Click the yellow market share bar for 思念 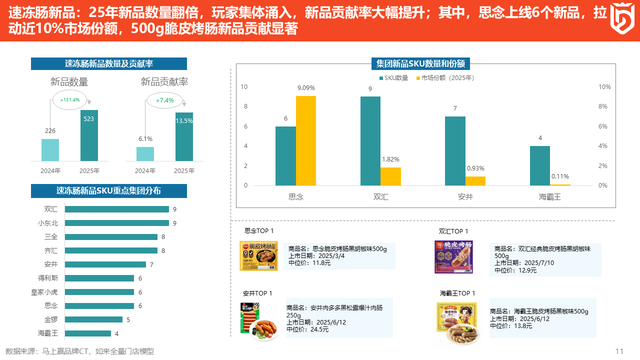click(305, 140)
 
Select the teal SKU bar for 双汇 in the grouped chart click(370, 140)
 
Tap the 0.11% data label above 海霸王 click(560, 176)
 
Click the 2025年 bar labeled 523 click(89, 135)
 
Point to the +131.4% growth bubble click(69, 100)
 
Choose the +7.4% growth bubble click(164, 100)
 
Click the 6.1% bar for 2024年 click(145, 153)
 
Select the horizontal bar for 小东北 click(116, 223)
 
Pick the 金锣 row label click(51, 319)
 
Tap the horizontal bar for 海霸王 click(87, 333)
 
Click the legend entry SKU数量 click(393, 78)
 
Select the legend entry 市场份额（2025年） click(444, 78)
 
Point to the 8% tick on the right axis click(604, 106)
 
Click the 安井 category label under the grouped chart click(465, 197)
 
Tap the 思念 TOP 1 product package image click(258, 256)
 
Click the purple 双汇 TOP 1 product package click(453, 257)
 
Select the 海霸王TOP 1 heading click(457, 293)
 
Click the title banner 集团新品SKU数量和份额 click(420, 64)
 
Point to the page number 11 click(619, 351)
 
